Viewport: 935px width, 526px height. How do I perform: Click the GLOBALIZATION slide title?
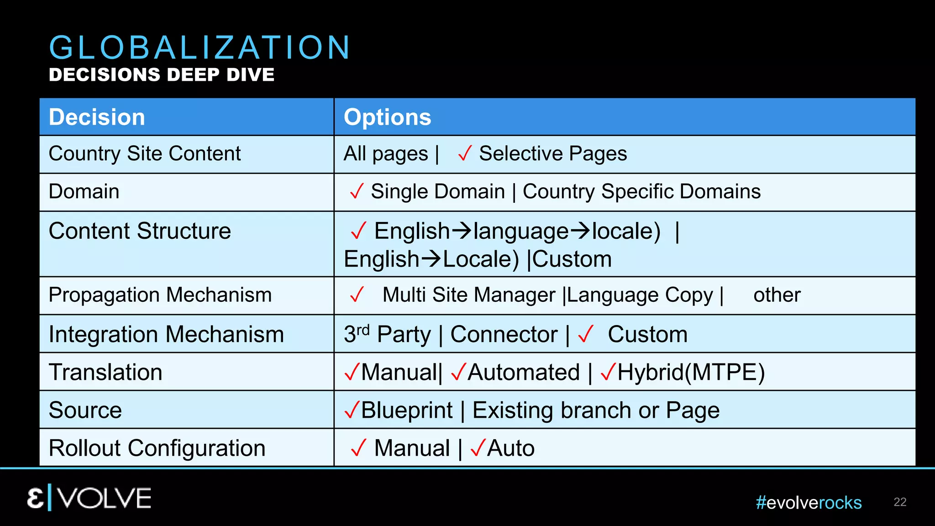coord(200,47)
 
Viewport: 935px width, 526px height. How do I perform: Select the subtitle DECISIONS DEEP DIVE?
coord(162,75)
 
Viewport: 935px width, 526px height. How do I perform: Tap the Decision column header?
coord(97,117)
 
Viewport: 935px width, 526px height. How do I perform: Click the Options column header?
coord(387,117)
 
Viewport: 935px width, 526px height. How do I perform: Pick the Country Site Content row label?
coord(145,154)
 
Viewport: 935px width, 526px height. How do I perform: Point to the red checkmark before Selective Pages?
coord(464,154)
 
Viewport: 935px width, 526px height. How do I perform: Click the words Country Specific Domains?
coord(641,192)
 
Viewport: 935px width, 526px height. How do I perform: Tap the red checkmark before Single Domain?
coord(357,191)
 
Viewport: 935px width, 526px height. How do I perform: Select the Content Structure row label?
coord(140,231)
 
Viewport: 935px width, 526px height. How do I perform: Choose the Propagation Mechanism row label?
coord(160,295)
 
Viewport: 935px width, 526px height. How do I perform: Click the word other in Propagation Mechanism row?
coord(777,295)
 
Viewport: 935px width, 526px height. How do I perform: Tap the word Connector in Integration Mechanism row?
coord(504,335)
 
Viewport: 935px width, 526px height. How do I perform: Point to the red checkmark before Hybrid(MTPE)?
coord(608,372)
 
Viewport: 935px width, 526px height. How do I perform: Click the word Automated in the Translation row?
coord(524,373)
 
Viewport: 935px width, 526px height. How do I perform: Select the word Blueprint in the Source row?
coord(407,410)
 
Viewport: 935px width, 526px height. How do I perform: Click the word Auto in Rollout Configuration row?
coord(511,448)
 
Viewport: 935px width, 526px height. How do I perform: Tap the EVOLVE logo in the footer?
coord(89,498)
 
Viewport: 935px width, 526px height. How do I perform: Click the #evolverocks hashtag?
coord(809,503)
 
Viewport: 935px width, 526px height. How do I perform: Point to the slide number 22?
coord(900,502)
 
